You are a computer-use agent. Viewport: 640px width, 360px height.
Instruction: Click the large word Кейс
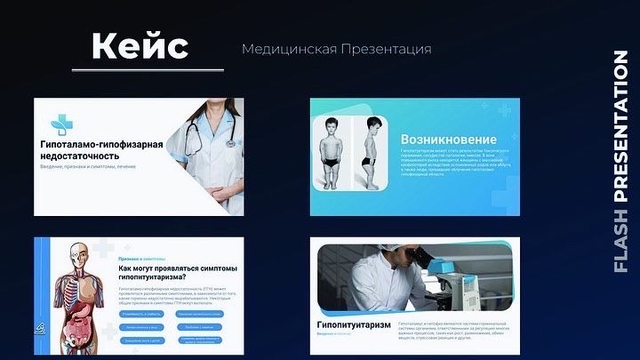[x=140, y=45]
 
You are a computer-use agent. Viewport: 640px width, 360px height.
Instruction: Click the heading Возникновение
[x=449, y=140]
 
